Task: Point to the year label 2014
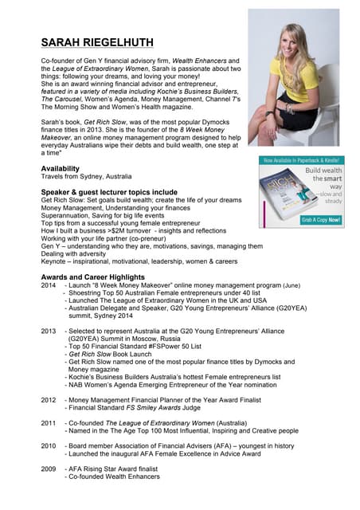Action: coord(49,284)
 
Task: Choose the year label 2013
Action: coord(49,331)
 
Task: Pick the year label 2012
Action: coord(49,399)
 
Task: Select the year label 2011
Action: coord(49,422)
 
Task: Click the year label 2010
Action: coord(49,445)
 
